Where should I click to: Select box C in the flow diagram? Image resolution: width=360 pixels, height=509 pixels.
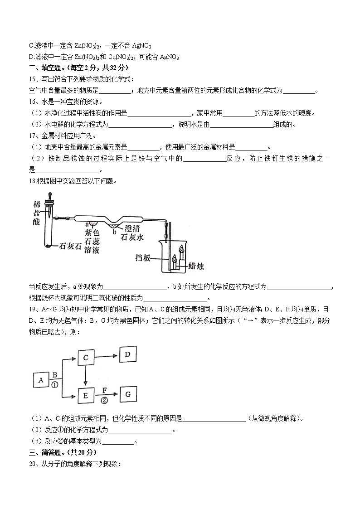pyautogui.click(x=85, y=358)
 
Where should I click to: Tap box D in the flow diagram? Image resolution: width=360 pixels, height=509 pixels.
pyautogui.click(x=128, y=354)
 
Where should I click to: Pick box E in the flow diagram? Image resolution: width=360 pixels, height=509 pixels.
pyautogui.click(x=85, y=396)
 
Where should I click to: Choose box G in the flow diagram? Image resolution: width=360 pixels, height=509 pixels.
pyautogui.click(x=128, y=394)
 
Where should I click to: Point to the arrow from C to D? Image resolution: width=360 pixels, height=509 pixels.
pyautogui.click(x=108, y=357)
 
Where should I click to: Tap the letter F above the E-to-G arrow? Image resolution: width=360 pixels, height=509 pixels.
pyautogui.click(x=104, y=389)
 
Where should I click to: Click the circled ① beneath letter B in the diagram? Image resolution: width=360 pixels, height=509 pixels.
pyautogui.click(x=54, y=385)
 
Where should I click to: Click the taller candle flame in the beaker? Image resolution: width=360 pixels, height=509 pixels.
pyautogui.click(x=182, y=248)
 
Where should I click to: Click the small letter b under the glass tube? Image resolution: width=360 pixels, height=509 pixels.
pyautogui.click(x=115, y=232)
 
